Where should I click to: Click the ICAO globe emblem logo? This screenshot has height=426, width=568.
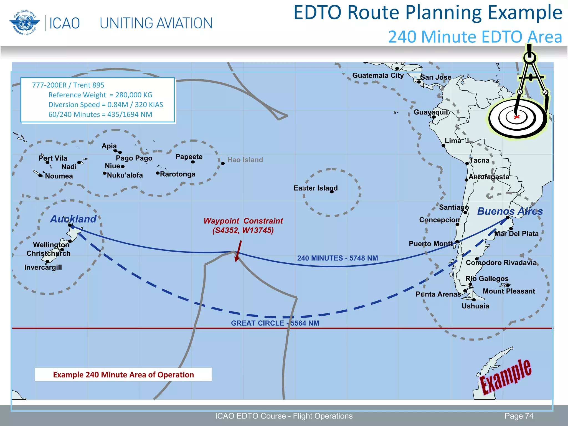pyautogui.click(x=23, y=23)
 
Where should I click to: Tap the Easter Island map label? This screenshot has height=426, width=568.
pyautogui.click(x=315, y=188)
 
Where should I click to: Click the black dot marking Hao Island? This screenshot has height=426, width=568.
pyautogui.click(x=223, y=163)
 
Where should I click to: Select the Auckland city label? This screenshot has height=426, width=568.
pyautogui.click(x=73, y=219)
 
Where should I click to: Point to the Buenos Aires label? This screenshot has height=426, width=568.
pyautogui.click(x=510, y=211)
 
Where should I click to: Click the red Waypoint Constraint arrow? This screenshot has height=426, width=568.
pyautogui.click(x=238, y=250)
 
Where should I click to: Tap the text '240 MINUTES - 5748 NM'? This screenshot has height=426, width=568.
pyautogui.click(x=338, y=258)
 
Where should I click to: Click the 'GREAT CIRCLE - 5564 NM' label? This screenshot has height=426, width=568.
pyautogui.click(x=275, y=323)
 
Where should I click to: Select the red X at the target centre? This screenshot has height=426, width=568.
pyautogui.click(x=516, y=117)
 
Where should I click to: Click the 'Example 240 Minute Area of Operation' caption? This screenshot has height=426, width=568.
pyautogui.click(x=123, y=375)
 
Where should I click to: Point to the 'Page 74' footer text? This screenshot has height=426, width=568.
pyautogui.click(x=519, y=416)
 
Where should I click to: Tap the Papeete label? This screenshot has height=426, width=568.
pyautogui.click(x=189, y=157)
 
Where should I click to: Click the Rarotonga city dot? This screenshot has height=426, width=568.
pyautogui.click(x=158, y=173)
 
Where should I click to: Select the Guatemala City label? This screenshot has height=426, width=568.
pyautogui.click(x=378, y=75)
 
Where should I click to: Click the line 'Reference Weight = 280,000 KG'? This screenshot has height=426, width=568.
pyautogui.click(x=100, y=95)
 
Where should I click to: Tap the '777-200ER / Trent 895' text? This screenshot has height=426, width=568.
pyautogui.click(x=68, y=85)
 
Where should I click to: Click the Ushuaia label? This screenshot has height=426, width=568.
pyautogui.click(x=475, y=306)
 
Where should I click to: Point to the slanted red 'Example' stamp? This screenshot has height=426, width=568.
pyautogui.click(x=506, y=376)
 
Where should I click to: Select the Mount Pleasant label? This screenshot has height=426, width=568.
pyautogui.click(x=509, y=291)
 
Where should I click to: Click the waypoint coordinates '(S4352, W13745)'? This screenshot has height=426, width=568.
pyautogui.click(x=243, y=230)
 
